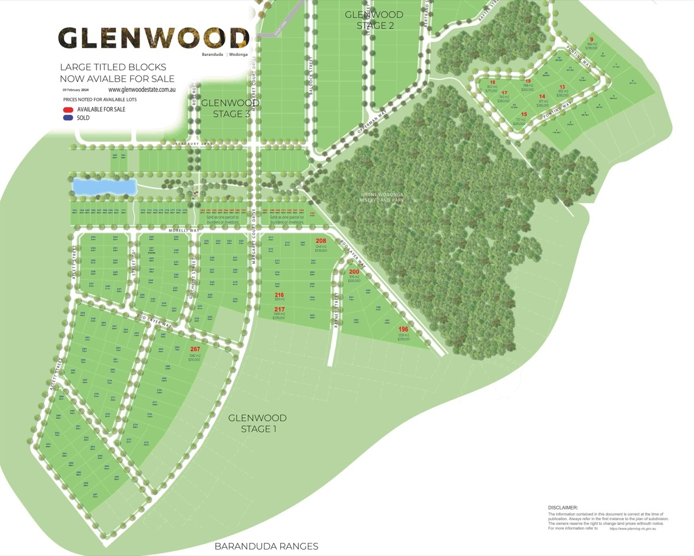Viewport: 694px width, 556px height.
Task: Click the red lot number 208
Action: pyautogui.click(x=321, y=241)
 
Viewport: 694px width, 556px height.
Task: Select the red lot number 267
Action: pyautogui.click(x=195, y=349)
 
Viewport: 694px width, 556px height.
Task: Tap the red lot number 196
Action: pyautogui.click(x=403, y=329)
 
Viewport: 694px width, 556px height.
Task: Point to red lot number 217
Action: pyautogui.click(x=279, y=309)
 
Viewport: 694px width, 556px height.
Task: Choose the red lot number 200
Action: pyautogui.click(x=354, y=272)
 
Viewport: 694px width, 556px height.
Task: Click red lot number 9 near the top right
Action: pyautogui.click(x=592, y=40)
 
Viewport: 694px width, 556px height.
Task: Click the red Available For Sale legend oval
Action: pyautogui.click(x=69, y=110)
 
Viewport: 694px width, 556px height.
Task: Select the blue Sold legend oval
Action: pyautogui.click(x=69, y=118)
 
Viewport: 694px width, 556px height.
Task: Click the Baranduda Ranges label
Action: pyautogui.click(x=266, y=546)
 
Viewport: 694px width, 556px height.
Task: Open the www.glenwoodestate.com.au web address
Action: pyautogui.click(x=142, y=90)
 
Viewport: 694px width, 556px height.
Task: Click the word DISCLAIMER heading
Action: pyautogui.click(x=563, y=507)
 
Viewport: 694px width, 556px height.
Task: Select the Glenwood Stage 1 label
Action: pyautogui.click(x=257, y=423)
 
